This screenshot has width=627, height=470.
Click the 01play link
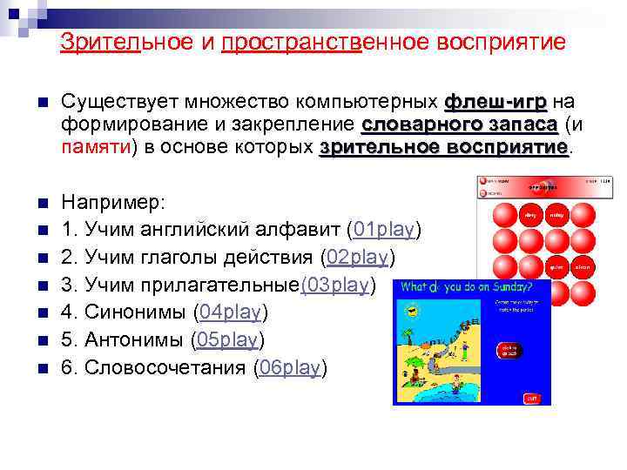pyautogui.click(x=384, y=230)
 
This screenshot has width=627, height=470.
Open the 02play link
pyautogui.click(x=358, y=257)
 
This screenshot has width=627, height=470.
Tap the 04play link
pyautogui.click(x=230, y=312)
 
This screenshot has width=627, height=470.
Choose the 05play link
pyautogui.click(x=227, y=339)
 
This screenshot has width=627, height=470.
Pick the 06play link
pyautogui.click(x=290, y=367)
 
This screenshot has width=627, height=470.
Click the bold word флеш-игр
pyautogui.click(x=496, y=101)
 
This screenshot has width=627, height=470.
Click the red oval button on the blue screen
pyautogui.click(x=509, y=350)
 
